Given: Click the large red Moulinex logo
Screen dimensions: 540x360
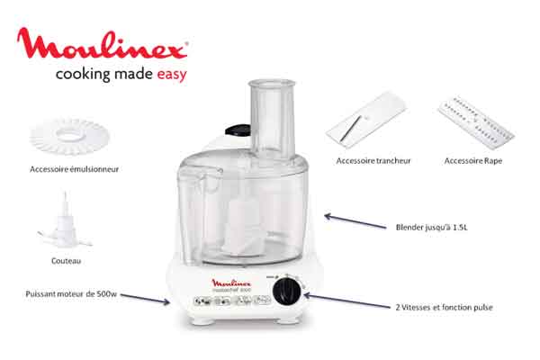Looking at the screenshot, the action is pos(103,43).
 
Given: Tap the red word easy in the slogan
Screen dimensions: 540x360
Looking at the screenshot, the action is pos(172,75).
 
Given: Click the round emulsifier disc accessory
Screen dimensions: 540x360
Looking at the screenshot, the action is pos(69,137).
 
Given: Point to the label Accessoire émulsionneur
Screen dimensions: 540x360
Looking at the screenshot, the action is pos(74,169).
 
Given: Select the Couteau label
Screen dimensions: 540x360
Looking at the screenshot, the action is pos(66,261).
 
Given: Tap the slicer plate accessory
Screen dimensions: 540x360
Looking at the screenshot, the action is pos(366,119).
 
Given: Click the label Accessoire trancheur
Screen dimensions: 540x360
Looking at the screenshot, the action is pos(373,161).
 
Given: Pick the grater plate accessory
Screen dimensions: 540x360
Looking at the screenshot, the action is pos(476,122).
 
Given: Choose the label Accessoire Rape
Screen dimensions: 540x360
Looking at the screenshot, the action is pos(472,161).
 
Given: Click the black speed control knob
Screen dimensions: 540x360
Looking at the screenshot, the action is pos(287,292).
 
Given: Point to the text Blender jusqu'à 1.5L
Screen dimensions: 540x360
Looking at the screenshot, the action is pos(431,228).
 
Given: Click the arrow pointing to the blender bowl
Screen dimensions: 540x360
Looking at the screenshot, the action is pos(355,220).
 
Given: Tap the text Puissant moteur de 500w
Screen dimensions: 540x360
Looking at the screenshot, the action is pos(71,294).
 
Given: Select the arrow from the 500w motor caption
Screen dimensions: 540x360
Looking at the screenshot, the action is pos(145,299).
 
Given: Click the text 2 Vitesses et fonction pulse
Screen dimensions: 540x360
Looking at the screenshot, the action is pos(444,307).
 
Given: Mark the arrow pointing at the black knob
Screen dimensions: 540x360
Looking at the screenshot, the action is pos(347,301).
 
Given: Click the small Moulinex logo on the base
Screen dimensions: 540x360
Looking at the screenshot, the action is pos(231,283).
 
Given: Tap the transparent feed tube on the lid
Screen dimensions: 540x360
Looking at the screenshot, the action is pos(272,119).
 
